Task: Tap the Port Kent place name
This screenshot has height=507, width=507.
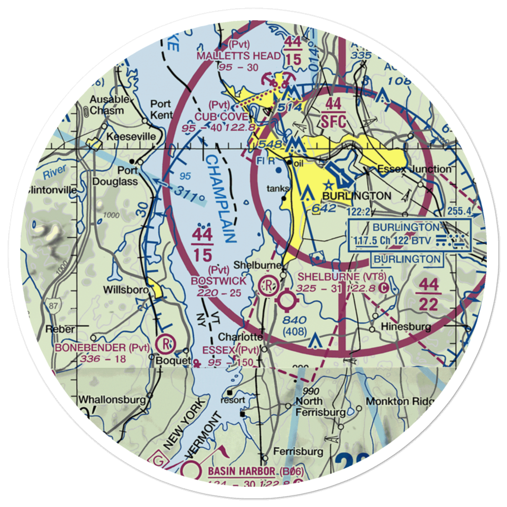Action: click(x=161, y=109)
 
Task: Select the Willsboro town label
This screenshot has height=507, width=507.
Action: click(x=124, y=291)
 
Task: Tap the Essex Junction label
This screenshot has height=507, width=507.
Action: click(x=413, y=169)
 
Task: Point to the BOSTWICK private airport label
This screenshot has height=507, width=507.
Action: click(x=219, y=280)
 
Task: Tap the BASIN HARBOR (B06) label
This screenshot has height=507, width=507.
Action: click(x=256, y=472)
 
